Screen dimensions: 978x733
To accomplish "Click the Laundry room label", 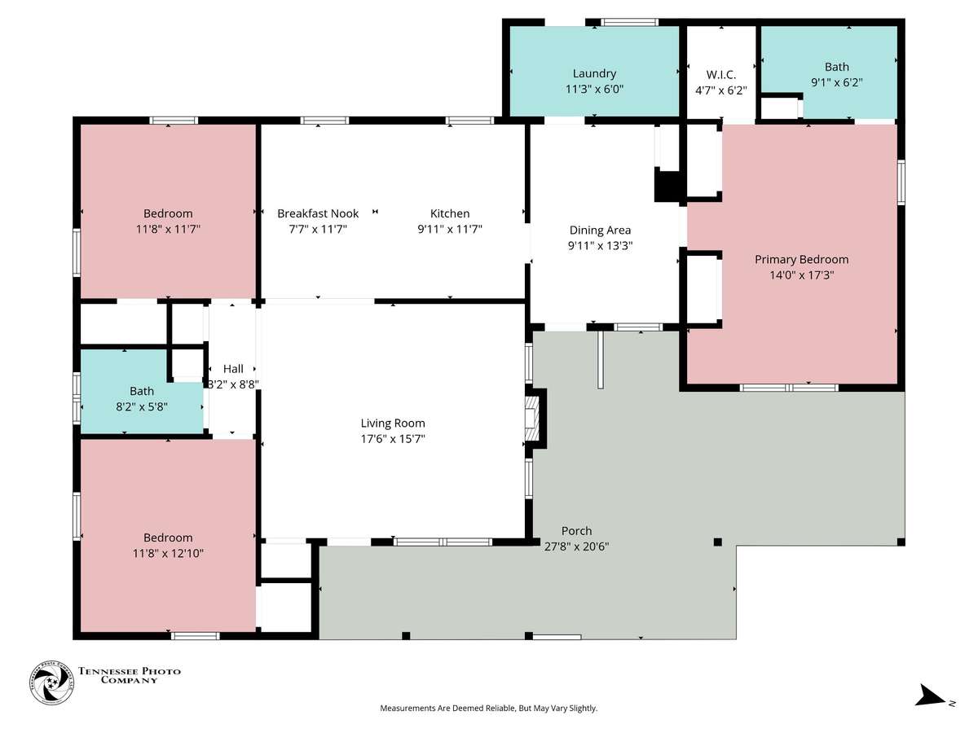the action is pyautogui.click(x=594, y=73).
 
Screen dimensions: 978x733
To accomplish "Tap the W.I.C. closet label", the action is pyautogui.click(x=720, y=74).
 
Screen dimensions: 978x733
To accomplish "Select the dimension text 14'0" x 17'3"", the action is pyautogui.click(x=801, y=275).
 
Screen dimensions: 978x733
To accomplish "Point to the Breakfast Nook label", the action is pyautogui.click(x=318, y=213).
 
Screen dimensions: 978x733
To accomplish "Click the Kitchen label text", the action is pyautogui.click(x=450, y=213).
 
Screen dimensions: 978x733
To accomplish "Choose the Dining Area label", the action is pyautogui.click(x=600, y=230).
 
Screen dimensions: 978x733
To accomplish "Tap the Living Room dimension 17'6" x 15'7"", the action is pyautogui.click(x=393, y=439).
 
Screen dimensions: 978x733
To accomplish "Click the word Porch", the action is pyautogui.click(x=576, y=530).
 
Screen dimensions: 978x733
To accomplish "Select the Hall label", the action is pyautogui.click(x=233, y=368).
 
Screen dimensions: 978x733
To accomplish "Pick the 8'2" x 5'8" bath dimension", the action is pyautogui.click(x=142, y=406).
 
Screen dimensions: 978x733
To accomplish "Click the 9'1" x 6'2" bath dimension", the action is pyautogui.click(x=836, y=82).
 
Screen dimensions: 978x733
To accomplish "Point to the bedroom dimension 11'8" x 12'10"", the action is pyautogui.click(x=168, y=553).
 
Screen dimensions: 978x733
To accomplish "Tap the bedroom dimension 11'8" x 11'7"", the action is pyautogui.click(x=168, y=229).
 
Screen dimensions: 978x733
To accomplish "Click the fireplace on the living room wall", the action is pyautogui.click(x=535, y=419).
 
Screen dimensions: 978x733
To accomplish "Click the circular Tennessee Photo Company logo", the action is pyautogui.click(x=51, y=683).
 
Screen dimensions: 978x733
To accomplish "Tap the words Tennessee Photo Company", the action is pyautogui.click(x=130, y=675).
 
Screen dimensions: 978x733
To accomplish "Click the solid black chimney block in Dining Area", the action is pyautogui.click(x=666, y=186).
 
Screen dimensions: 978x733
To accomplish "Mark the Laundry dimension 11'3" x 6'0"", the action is pyautogui.click(x=594, y=89).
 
